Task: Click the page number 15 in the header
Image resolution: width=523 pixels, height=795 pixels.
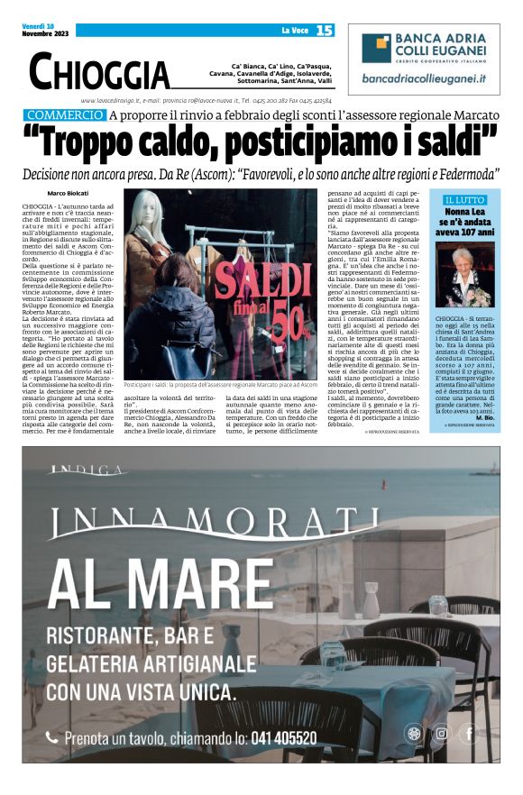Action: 325,31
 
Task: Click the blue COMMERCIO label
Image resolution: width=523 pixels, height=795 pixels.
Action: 65,115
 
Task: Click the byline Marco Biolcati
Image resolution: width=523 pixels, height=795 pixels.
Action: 68,194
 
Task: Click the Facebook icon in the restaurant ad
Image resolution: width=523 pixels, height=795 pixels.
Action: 468,733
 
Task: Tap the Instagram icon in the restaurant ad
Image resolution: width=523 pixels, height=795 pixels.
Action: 441,733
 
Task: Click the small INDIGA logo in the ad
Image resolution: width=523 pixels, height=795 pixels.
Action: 89,471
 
